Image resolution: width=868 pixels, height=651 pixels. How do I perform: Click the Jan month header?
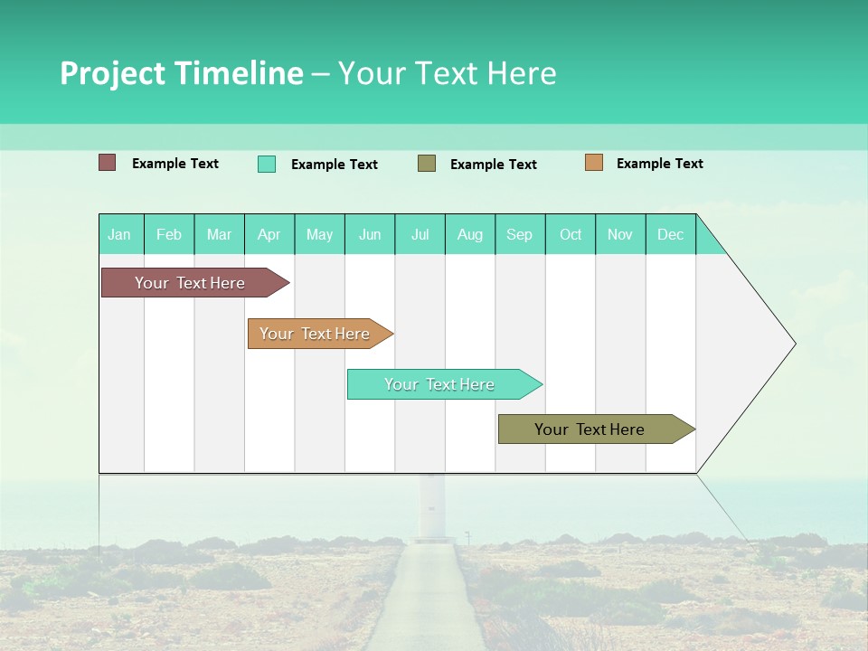coord(120,234)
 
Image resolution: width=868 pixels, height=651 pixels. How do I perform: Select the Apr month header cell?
coord(269,234)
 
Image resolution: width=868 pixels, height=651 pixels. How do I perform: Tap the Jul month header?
coord(420,234)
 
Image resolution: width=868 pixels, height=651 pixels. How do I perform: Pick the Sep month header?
coord(519,234)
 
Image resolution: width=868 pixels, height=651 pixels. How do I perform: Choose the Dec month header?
coord(670,234)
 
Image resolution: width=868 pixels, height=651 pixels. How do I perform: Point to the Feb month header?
coord(169,234)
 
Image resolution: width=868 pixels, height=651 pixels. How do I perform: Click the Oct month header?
coord(571,234)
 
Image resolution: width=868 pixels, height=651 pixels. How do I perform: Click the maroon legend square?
coord(108,163)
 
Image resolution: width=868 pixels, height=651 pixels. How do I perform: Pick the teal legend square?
coord(267,164)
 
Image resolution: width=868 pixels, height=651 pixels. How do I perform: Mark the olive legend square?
coord(427,163)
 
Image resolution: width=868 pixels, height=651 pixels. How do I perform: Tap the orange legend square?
coord(594,163)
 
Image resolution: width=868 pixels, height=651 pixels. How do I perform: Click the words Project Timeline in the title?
coord(181,73)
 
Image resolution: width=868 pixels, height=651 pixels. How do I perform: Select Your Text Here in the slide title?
coord(448,73)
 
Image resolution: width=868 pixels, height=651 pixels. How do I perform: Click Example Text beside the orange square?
coord(659,164)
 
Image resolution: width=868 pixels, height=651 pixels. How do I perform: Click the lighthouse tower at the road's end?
coord(431,506)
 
